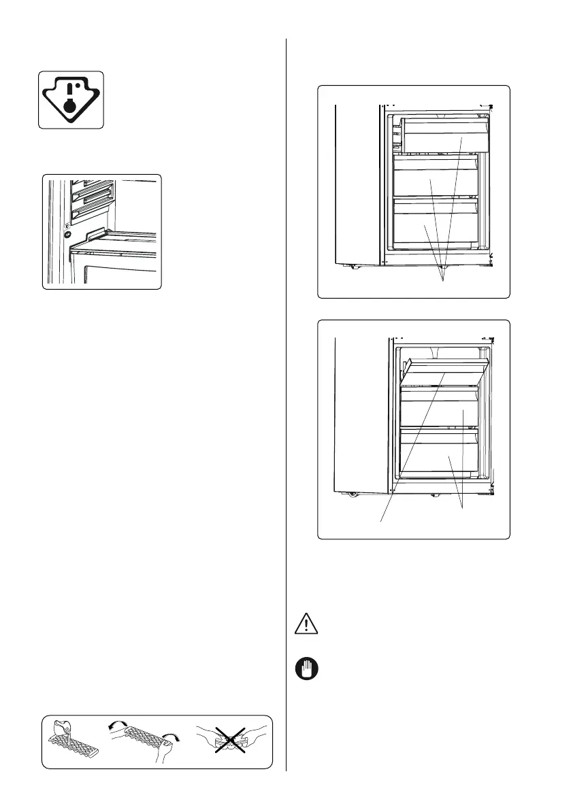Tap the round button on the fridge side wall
coord(67,232)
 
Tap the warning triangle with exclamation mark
coord(306,624)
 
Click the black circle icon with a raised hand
coord(306,669)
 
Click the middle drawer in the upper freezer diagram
coord(436,178)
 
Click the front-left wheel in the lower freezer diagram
coord(353,494)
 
